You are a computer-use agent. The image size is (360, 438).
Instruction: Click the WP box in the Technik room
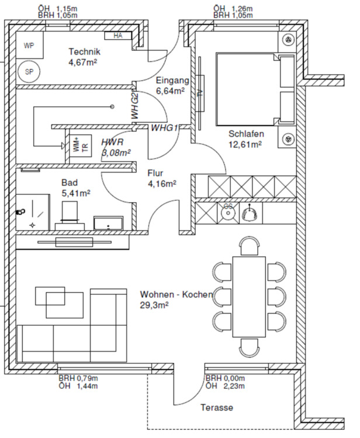29,45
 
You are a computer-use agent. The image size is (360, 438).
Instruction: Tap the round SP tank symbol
29,72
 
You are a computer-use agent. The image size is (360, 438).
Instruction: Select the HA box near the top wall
118,36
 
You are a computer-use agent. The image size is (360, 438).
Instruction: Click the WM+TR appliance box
81,145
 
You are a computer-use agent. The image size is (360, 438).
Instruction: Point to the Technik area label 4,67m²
83,62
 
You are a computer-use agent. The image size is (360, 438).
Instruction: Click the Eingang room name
172,81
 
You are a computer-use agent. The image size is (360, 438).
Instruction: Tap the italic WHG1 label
164,128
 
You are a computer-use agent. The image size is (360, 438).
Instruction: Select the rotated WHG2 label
135,106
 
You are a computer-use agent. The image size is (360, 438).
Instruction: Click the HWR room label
112,142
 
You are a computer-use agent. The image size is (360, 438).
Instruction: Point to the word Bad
70,183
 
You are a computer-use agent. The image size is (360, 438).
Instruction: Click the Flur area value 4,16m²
162,184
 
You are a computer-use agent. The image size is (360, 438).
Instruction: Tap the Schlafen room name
246,134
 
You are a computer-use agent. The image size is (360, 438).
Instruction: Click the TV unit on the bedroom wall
200,93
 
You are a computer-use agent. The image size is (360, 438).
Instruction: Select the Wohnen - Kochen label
176,294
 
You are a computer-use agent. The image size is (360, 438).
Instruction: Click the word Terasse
217,408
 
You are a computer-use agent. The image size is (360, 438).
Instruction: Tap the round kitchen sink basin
229,213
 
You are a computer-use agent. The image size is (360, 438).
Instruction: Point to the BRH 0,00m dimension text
225,378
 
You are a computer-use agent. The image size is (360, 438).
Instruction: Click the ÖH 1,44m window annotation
78,386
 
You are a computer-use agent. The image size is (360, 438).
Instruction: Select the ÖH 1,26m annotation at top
233,8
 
